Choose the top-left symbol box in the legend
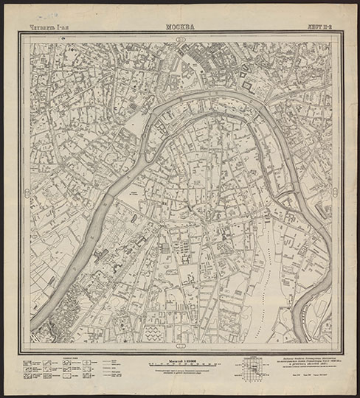(27, 363)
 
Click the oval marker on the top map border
(181, 38)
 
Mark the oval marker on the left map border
(26, 193)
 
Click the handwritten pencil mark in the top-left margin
(31, 14)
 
